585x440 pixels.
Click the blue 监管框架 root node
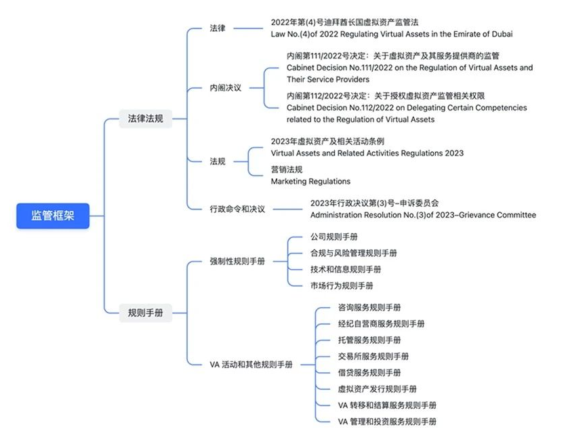[x=53, y=216]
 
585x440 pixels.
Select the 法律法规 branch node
[x=145, y=119]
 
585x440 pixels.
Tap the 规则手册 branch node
[x=145, y=313]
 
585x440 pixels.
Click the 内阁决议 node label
[x=226, y=88]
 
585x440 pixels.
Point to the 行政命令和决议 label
[x=237, y=208]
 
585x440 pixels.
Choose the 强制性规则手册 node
[x=237, y=261]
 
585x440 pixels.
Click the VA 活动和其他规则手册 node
[x=251, y=364]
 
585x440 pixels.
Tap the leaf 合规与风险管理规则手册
[x=353, y=253]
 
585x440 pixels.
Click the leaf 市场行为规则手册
[x=342, y=285]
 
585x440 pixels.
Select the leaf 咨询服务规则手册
[x=369, y=307]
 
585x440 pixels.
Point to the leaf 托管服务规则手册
[x=369, y=340]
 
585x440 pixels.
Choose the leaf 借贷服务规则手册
[x=369, y=372]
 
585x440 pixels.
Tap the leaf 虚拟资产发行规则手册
[x=377, y=388]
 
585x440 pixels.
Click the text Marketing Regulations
[x=310, y=181]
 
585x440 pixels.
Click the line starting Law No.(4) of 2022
[x=391, y=34]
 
